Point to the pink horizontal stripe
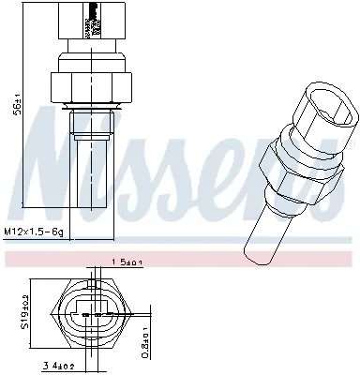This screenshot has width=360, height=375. point(180,255)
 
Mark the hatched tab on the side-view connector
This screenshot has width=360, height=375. point(91,18)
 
